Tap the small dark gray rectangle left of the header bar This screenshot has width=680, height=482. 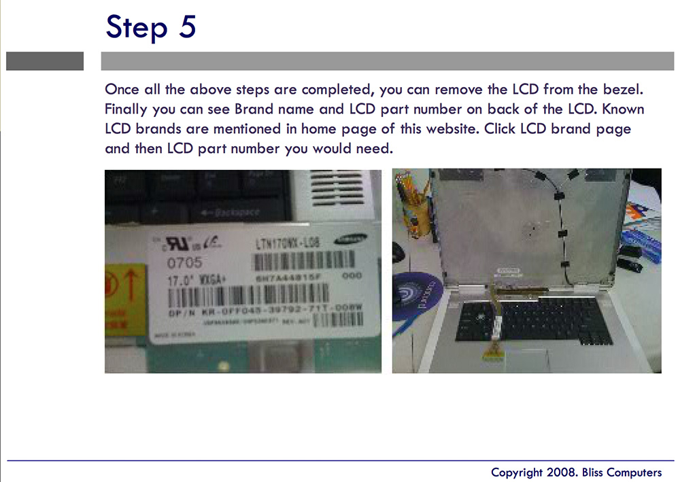pyautogui.click(x=45, y=61)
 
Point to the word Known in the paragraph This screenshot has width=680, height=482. pyautogui.click(x=620, y=109)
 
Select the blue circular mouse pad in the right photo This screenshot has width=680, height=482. pyautogui.click(x=416, y=292)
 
